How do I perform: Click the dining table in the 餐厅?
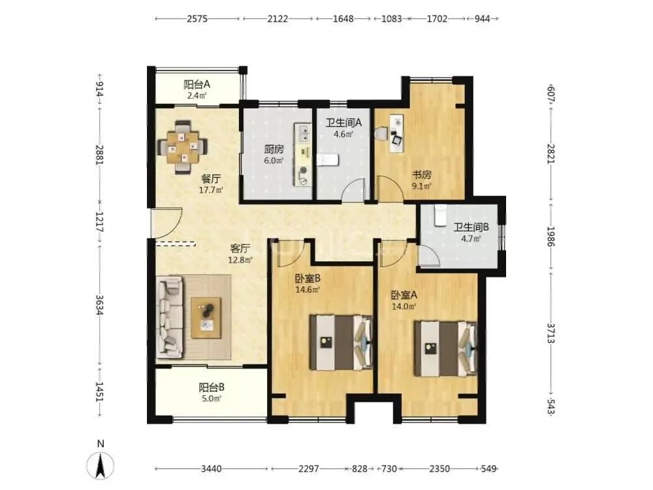click(183, 147)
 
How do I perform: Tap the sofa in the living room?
click(170, 318)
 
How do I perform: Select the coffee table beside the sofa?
click(206, 318)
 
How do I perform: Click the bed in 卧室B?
click(341, 342)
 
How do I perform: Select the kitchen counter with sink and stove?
click(303, 155)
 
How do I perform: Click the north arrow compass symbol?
click(101, 465)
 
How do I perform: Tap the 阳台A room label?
click(197, 84)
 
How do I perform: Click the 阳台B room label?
click(212, 387)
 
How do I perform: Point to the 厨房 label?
click(274, 149)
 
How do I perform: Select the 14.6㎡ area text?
click(308, 290)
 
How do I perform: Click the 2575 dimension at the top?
click(197, 19)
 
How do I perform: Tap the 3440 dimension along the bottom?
click(212, 469)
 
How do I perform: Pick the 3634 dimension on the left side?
click(99, 305)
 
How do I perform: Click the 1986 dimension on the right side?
click(551, 236)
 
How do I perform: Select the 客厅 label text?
click(240, 249)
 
